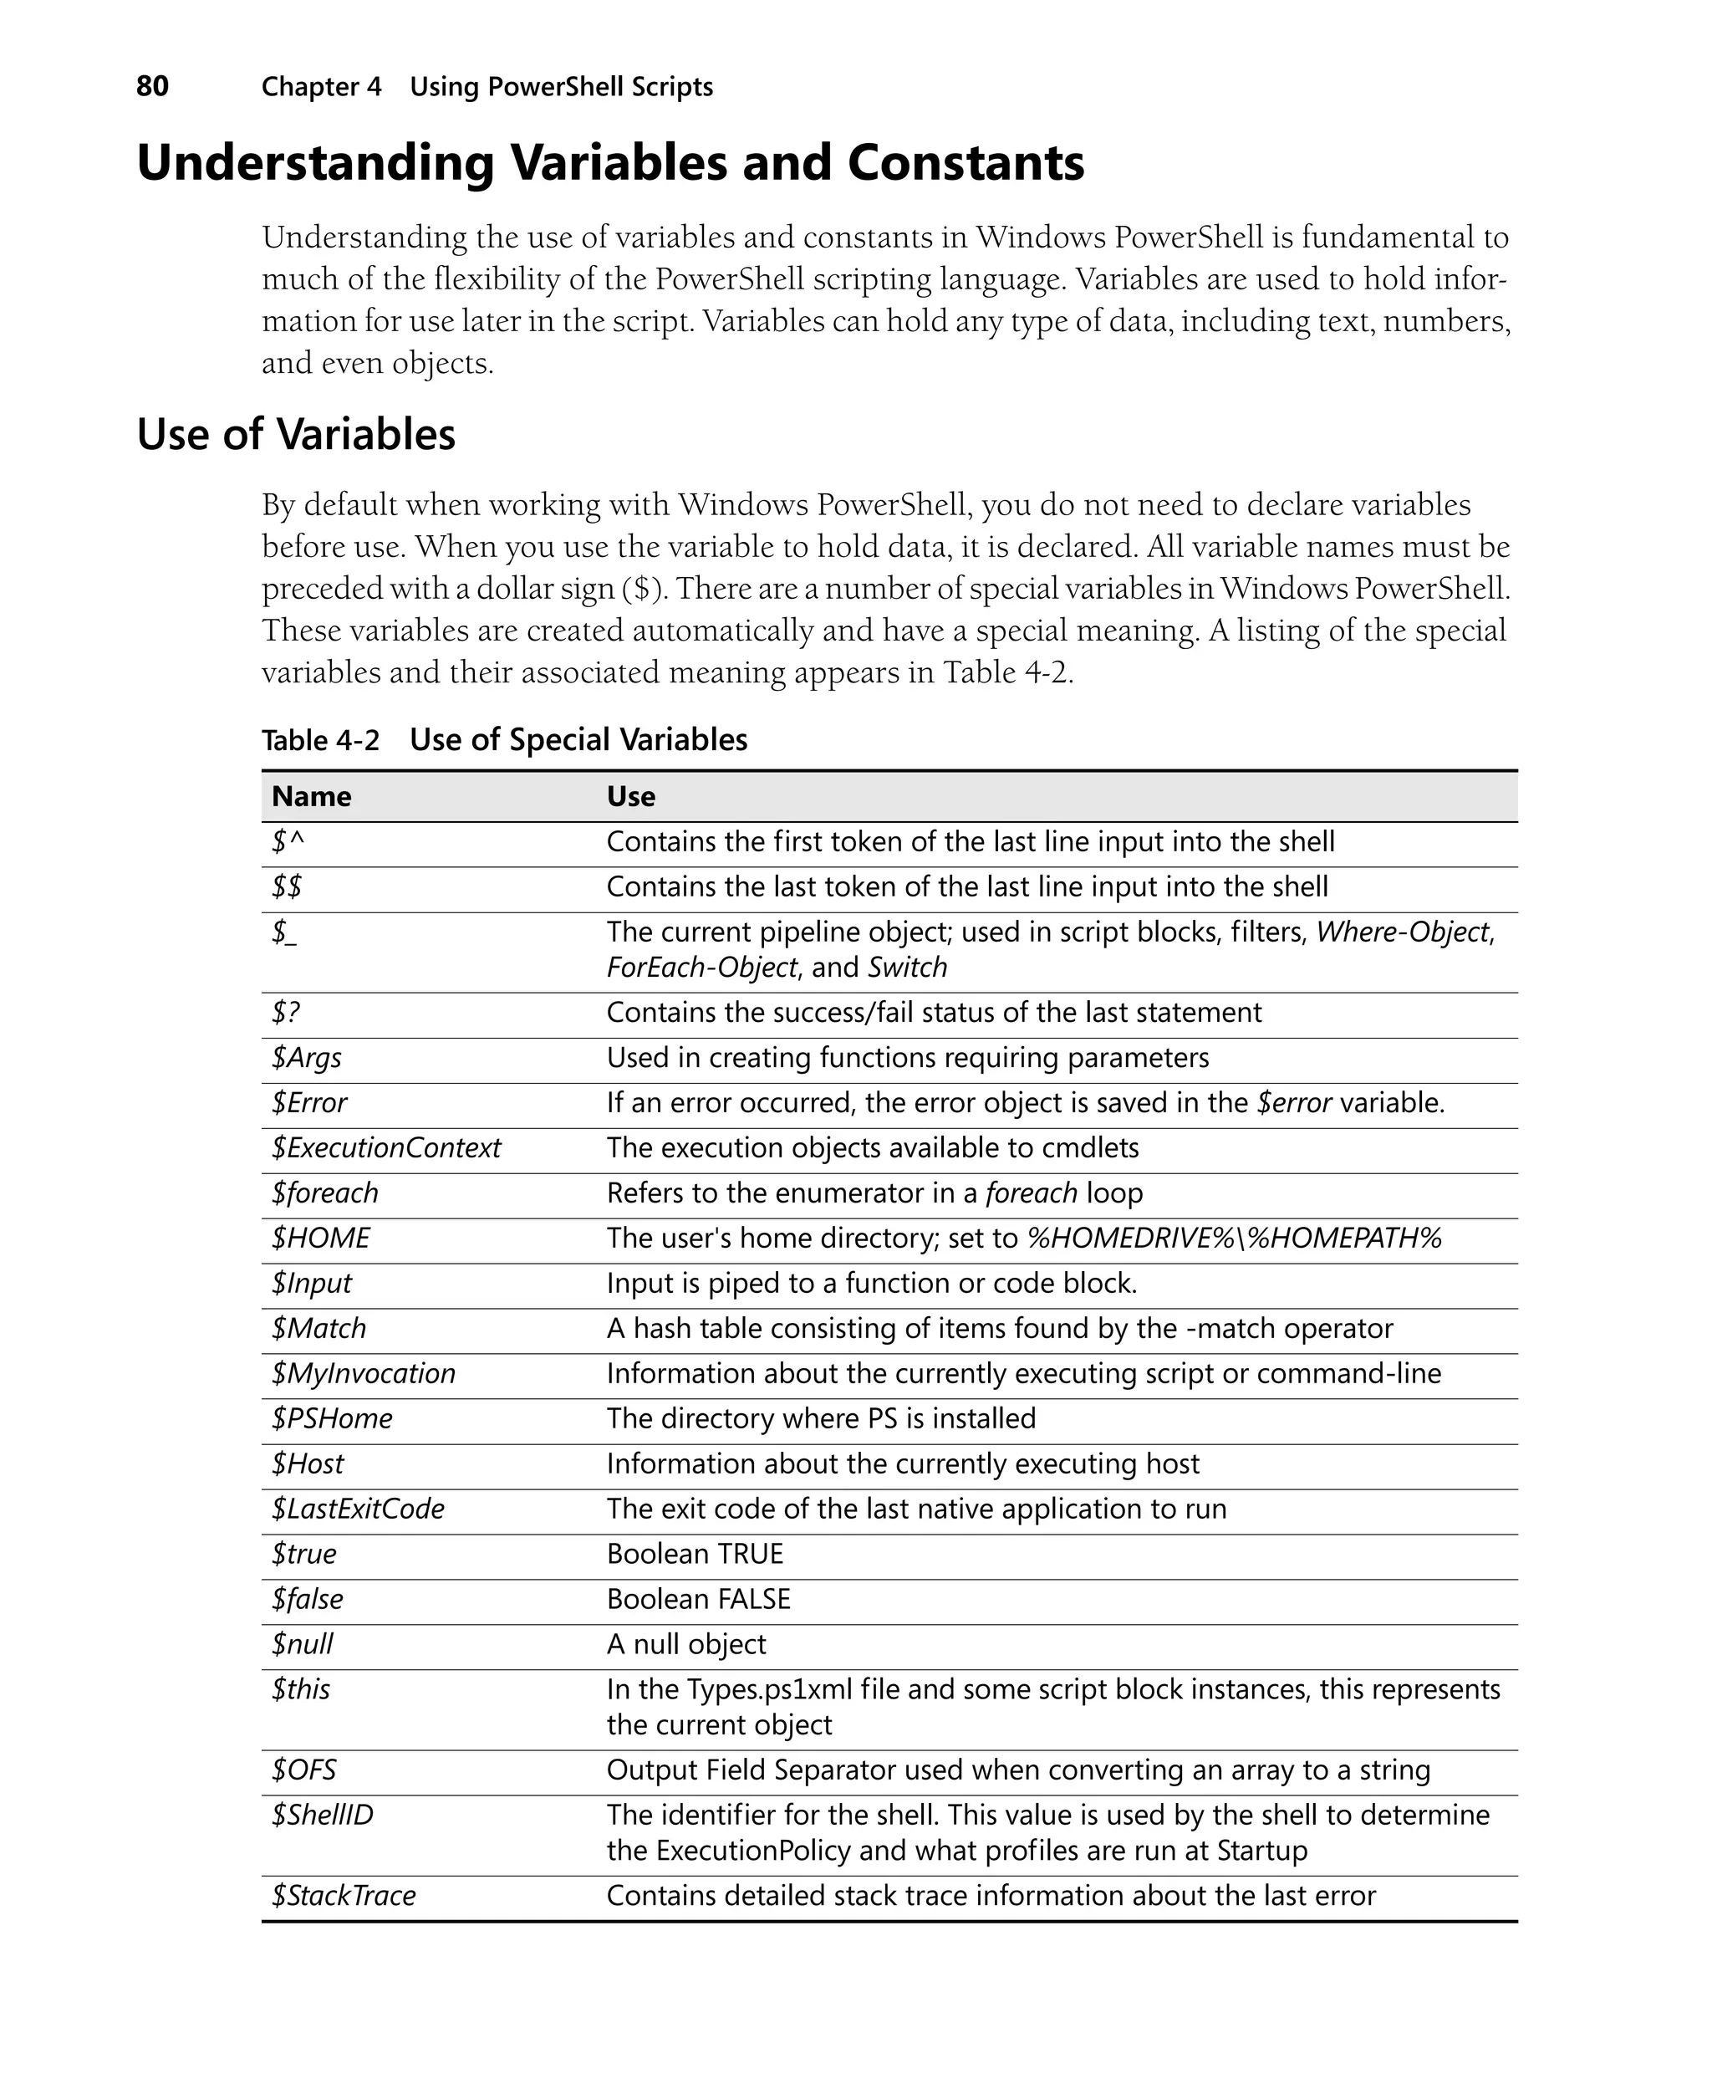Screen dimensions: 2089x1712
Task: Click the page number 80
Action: [x=152, y=87]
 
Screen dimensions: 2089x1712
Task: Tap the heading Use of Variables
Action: [x=296, y=435]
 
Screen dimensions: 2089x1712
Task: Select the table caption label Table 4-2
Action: [x=319, y=741]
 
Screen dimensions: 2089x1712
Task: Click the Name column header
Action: [x=311, y=797]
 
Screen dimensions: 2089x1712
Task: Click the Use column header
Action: [x=630, y=797]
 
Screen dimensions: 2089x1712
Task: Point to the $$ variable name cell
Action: [x=287, y=886]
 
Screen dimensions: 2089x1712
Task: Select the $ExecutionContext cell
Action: [x=385, y=1148]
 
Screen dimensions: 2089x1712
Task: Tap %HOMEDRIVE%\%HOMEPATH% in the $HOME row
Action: [x=1234, y=1239]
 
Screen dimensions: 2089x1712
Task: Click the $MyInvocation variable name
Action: [x=363, y=1374]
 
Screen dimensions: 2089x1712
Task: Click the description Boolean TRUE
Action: [x=695, y=1555]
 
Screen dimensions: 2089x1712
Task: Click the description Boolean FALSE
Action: [x=698, y=1600]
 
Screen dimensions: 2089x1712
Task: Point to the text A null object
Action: [x=685, y=1645]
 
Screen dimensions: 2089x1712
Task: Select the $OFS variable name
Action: [x=303, y=1770]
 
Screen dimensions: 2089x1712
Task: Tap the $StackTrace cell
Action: [x=344, y=1896]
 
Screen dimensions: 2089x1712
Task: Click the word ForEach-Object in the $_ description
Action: [x=701, y=968]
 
